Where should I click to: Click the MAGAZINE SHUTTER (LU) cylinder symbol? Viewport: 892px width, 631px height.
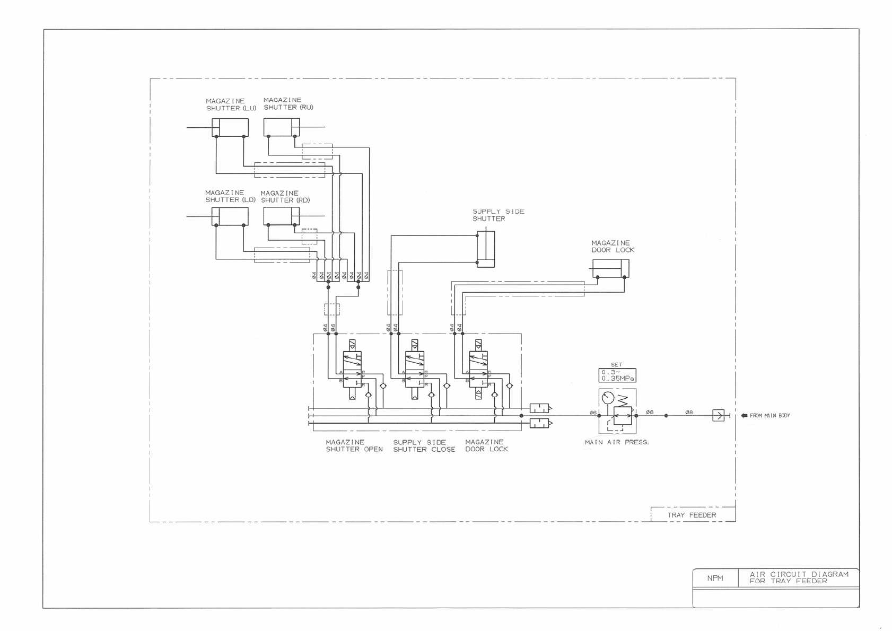(x=230, y=127)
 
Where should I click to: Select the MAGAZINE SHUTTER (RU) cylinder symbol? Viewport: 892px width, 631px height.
(x=282, y=127)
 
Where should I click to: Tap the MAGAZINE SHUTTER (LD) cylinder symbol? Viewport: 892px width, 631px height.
(x=230, y=216)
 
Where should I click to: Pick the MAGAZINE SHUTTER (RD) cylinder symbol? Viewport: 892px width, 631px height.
(x=282, y=216)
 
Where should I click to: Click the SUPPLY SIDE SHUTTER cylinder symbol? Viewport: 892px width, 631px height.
(x=486, y=249)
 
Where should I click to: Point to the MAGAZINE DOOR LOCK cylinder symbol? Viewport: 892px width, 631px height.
(x=610, y=268)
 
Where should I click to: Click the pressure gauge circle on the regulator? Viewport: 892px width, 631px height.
(x=608, y=397)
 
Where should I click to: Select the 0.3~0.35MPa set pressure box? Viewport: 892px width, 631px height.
(x=617, y=375)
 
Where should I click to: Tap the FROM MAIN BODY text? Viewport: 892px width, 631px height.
(x=769, y=416)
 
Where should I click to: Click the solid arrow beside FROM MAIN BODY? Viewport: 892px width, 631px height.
(x=744, y=416)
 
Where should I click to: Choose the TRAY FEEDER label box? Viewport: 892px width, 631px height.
(x=692, y=515)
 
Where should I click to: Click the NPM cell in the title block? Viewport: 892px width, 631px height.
(x=715, y=578)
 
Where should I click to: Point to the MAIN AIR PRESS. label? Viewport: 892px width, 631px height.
(x=617, y=442)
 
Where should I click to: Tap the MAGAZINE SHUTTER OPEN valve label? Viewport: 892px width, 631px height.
(x=354, y=446)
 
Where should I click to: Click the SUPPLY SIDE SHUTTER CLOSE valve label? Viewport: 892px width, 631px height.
(x=424, y=446)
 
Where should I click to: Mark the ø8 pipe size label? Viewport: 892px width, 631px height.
(x=689, y=412)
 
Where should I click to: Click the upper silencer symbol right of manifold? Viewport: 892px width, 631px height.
(x=540, y=408)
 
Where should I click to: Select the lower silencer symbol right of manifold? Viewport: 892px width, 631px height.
(x=540, y=423)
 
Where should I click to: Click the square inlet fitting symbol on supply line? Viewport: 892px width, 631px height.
(x=718, y=415)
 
